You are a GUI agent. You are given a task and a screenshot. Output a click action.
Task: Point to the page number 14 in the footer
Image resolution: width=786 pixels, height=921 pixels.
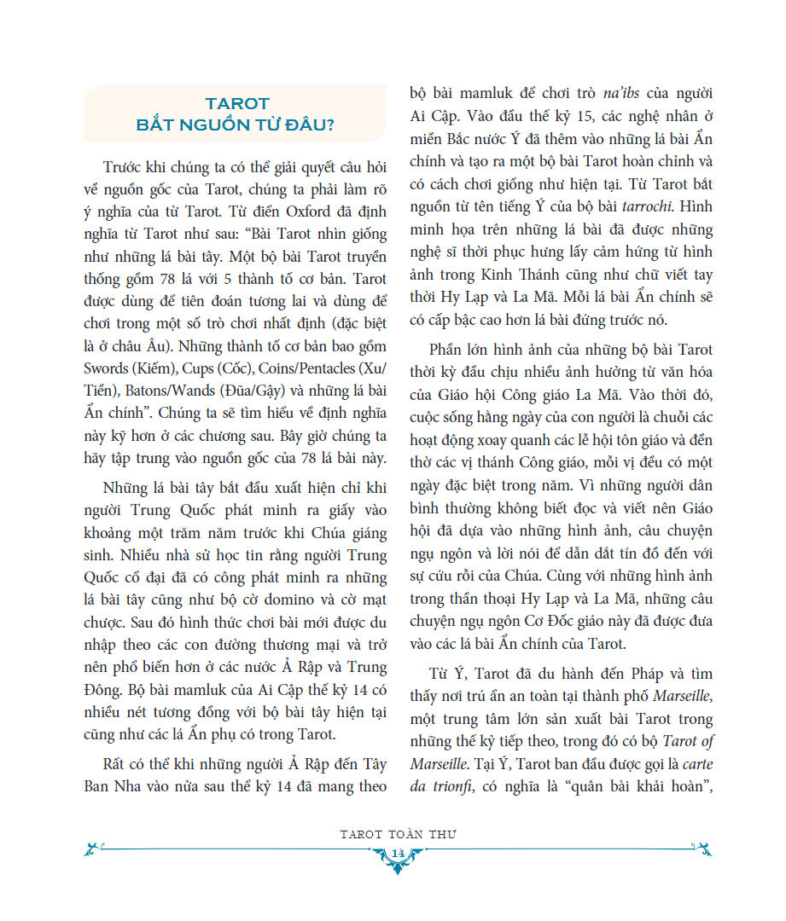pos(397,855)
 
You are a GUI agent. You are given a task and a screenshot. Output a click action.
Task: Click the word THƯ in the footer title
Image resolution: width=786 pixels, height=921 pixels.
pos(442,834)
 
